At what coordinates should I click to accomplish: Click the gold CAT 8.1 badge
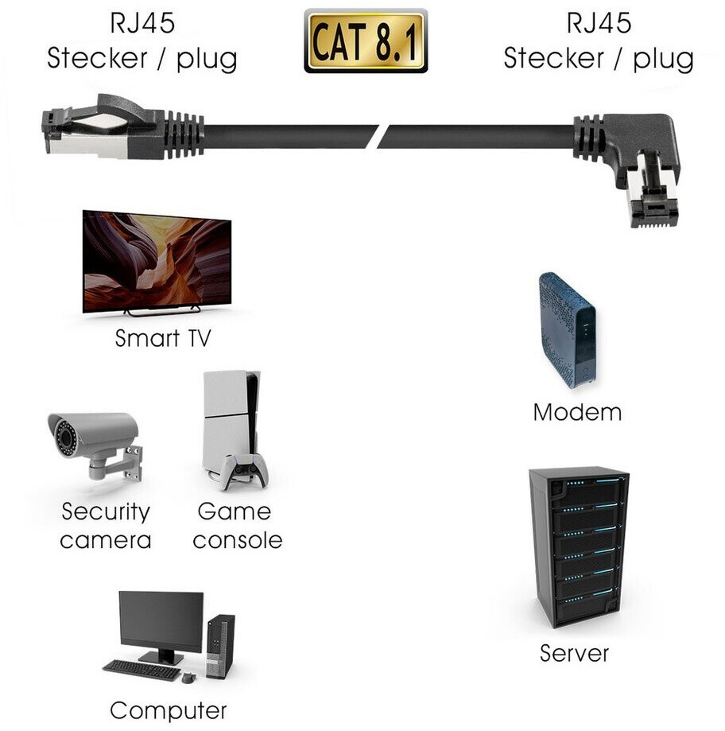coord(366,41)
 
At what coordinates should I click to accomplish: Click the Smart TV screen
coord(157,259)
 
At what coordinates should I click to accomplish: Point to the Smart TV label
coord(163,338)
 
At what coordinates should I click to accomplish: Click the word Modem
coord(577,412)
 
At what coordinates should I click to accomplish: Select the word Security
coord(106,511)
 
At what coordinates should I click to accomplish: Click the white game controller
coord(244,472)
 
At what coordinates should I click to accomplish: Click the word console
coord(238,541)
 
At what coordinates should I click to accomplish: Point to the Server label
coord(574,653)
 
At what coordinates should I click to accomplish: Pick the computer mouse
coord(188,679)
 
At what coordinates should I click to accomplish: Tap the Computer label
coord(168,710)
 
